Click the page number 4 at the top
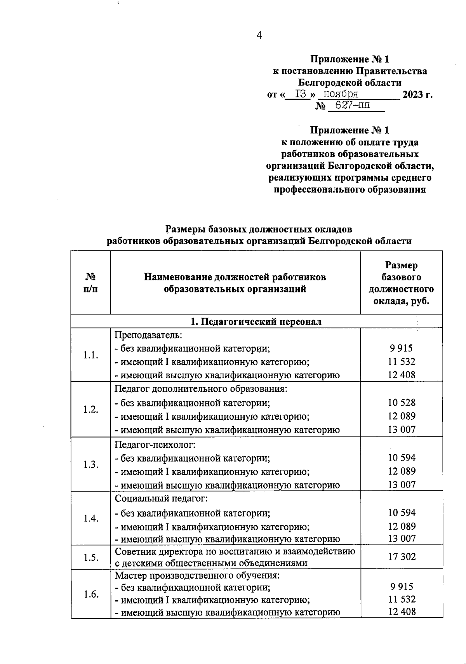259,36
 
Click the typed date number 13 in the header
301,94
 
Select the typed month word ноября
341,94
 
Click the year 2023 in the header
413,94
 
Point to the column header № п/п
90,283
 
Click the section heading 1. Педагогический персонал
256,322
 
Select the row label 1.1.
90,355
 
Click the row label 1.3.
90,464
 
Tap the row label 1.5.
90,557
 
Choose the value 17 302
402,557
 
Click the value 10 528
402,403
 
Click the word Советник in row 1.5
134,551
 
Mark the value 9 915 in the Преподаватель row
402,348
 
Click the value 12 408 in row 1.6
402,612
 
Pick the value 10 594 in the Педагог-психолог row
402,458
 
